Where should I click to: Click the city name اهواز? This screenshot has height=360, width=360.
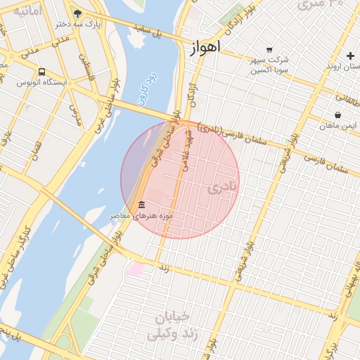click(x=205, y=48)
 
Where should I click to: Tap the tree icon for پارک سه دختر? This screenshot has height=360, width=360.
click(x=77, y=13)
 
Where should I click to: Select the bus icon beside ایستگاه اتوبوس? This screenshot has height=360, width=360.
click(x=42, y=72)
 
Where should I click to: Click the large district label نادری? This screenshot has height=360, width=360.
click(x=224, y=186)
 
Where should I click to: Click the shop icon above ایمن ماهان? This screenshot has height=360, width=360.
click(x=338, y=114)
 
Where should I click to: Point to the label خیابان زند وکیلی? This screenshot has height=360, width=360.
click(x=169, y=326)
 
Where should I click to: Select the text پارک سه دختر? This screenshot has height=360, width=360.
click(x=98, y=24)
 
